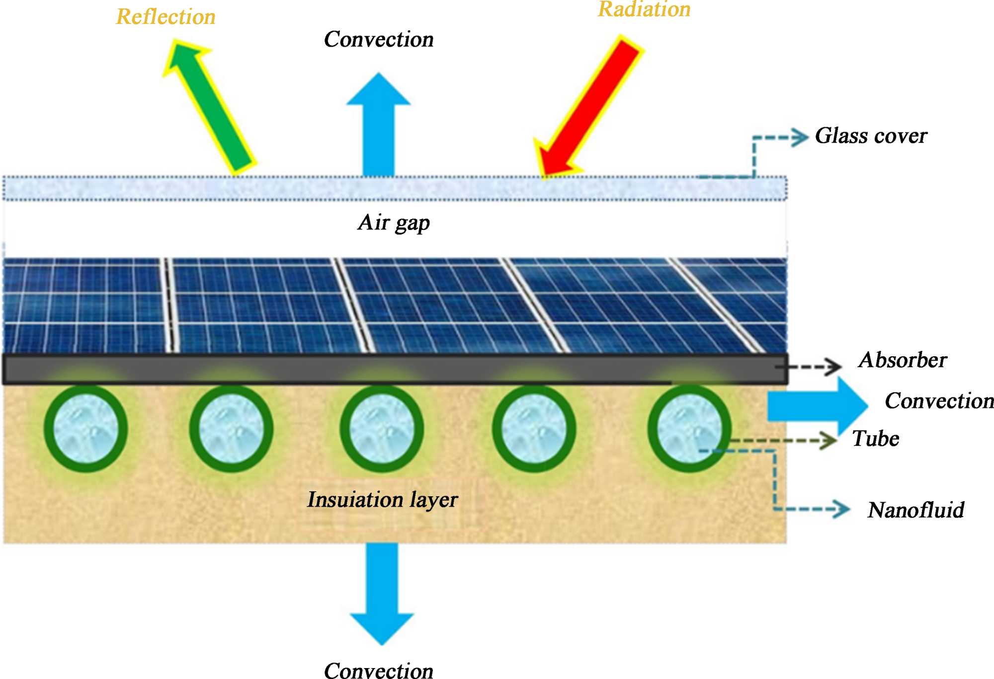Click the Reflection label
pyautogui.click(x=166, y=17)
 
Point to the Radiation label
pyautogui.click(x=644, y=9)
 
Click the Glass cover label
pyautogui.click(x=871, y=136)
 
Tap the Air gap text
pyautogui.click(x=394, y=223)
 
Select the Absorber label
pyautogui.click(x=903, y=360)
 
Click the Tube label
pyautogui.click(x=876, y=439)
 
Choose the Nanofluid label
pyautogui.click(x=915, y=510)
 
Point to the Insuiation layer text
pyautogui.click(x=382, y=500)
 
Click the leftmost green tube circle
pyautogui.click(x=86, y=429)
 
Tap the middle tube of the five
pyautogui.click(x=382, y=429)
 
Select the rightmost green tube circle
pyautogui.click(x=689, y=429)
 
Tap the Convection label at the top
pyautogui.click(x=379, y=40)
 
